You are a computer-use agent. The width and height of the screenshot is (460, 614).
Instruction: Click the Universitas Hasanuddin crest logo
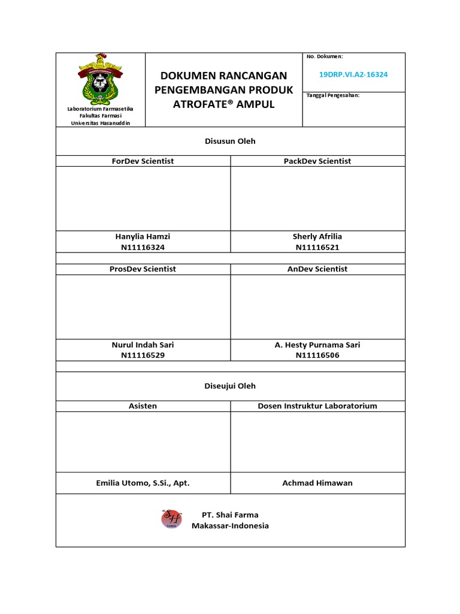tap(101, 78)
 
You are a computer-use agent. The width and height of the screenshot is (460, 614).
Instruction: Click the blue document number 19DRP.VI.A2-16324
tap(353, 74)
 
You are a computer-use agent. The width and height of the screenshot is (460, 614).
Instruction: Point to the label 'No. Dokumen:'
tap(324, 56)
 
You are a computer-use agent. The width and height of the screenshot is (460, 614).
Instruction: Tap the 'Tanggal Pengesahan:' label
tap(333, 95)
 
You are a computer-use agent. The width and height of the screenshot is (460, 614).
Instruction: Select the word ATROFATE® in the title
tap(201, 104)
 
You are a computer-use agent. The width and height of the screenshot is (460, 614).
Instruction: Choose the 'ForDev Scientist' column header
tap(143, 161)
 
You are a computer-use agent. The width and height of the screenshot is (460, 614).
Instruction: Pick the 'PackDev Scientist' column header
tap(317, 161)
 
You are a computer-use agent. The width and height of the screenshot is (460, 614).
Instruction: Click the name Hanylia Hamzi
tap(143, 237)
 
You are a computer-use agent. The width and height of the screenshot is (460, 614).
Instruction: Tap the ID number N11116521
tap(317, 247)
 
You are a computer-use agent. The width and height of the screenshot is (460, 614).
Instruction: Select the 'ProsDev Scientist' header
tap(143, 269)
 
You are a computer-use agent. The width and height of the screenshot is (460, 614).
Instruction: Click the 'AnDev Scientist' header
tap(317, 269)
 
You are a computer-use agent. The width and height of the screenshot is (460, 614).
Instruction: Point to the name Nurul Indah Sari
tap(143, 345)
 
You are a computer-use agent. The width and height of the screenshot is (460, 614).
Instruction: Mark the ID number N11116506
tap(317, 355)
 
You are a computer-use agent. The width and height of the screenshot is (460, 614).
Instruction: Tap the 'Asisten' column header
tap(143, 406)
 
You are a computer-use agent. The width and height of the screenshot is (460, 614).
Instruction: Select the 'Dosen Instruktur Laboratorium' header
tap(317, 406)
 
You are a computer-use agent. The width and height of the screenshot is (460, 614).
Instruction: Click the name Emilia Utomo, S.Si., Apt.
tap(143, 483)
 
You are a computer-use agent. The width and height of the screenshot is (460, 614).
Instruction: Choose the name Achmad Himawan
tap(317, 483)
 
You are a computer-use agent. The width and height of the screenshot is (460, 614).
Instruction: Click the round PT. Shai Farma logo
tap(171, 519)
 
